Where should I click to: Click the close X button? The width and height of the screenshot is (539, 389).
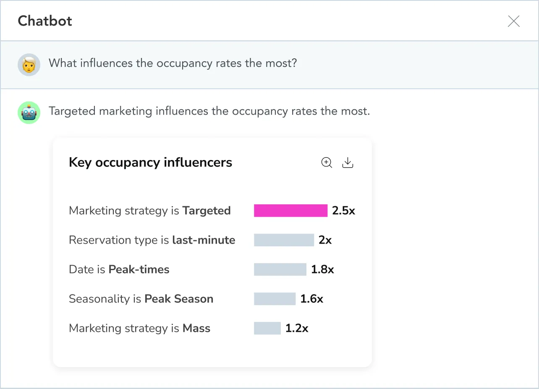coord(513,21)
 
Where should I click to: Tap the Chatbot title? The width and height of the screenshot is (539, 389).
coord(45,21)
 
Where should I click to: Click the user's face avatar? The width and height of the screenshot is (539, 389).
coord(29,64)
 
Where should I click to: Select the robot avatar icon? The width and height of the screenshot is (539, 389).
coord(29,112)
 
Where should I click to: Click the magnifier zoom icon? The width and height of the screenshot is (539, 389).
coord(327,163)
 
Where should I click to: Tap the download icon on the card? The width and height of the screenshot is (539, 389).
coord(348,163)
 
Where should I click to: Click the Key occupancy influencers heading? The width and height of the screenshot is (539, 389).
coord(150,163)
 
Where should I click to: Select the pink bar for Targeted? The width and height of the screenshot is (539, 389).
coord(290,210)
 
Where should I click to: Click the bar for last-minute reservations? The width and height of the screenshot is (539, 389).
coord(284,240)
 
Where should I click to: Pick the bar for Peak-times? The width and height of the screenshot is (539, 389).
coord(280,269)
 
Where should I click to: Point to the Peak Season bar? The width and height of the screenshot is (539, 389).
coord(275,299)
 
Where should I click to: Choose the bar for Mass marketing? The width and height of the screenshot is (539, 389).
coord(267,328)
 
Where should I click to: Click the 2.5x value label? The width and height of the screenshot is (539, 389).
coord(343,210)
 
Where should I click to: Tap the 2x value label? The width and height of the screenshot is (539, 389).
coord(325,240)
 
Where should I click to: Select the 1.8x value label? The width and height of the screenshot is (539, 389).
coord(322,269)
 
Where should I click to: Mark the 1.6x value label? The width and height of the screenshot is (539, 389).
coord(311,299)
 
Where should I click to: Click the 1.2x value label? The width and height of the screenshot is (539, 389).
coord(297,328)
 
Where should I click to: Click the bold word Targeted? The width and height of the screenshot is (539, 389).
coord(207,210)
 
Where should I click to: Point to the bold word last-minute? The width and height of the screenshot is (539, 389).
coord(204,240)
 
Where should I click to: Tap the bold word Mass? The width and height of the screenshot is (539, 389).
coord(196,328)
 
